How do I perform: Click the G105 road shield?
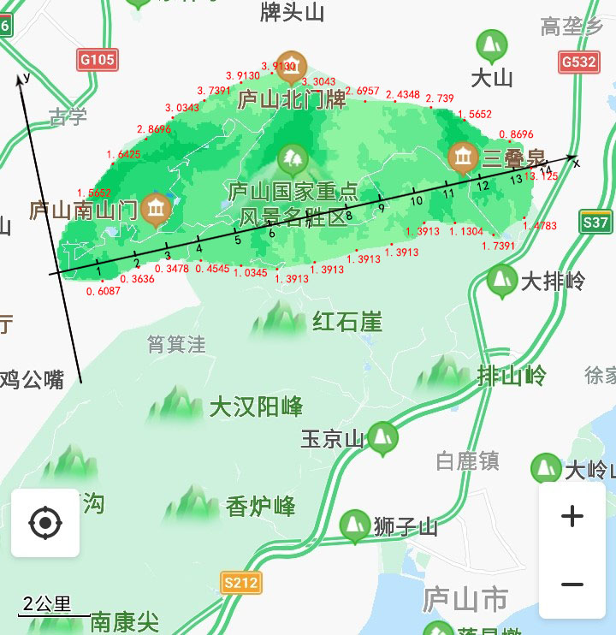(97, 60)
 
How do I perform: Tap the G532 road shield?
(578, 62)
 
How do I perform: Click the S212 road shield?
(240, 583)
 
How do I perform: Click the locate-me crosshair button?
(45, 522)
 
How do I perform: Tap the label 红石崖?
(346, 323)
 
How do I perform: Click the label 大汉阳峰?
(256, 407)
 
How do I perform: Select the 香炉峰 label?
(261, 507)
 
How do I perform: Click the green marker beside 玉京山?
(382, 437)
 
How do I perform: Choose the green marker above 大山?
(491, 45)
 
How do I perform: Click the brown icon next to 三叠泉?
(463, 157)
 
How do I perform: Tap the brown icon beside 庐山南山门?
(156, 208)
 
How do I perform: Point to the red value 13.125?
(542, 176)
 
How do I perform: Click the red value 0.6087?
(104, 291)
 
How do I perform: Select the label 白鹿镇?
(467, 461)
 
